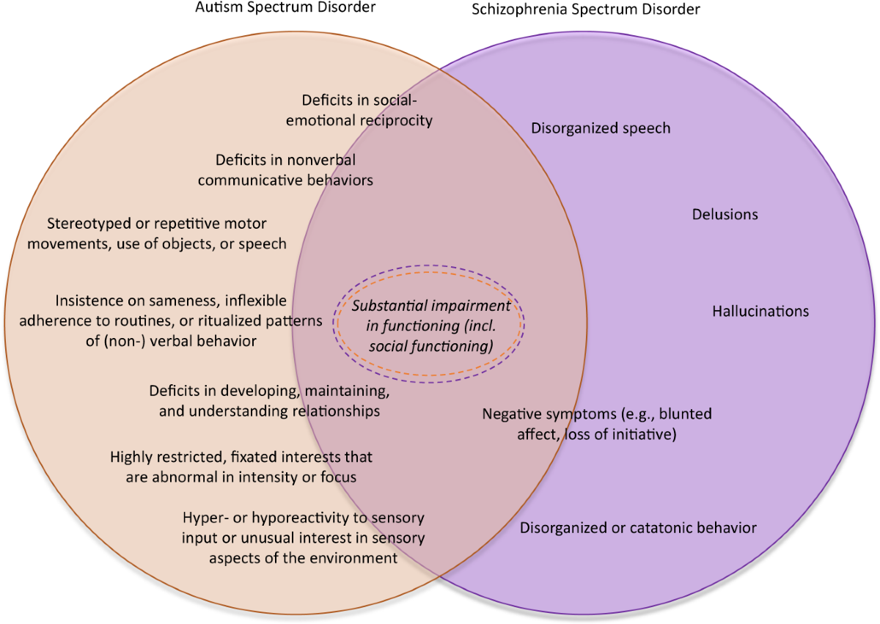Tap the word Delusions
pos(725,215)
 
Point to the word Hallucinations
pos(760,312)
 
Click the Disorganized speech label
pos(601,128)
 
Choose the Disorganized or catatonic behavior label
pos(638,528)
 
